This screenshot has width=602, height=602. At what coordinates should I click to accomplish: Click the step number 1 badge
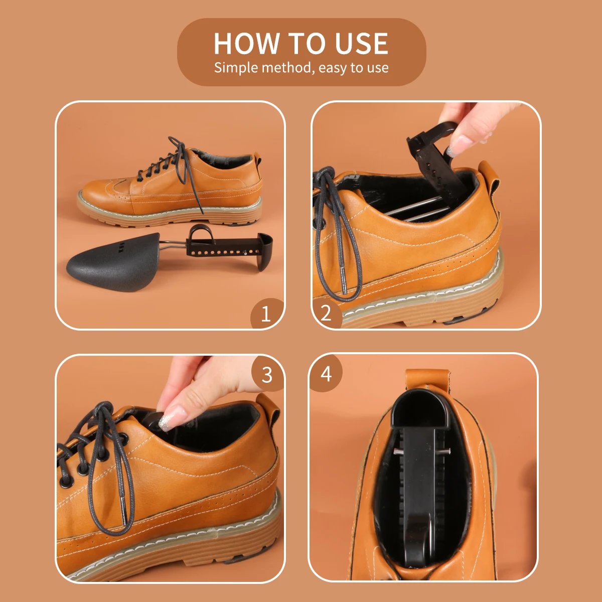coord(266,314)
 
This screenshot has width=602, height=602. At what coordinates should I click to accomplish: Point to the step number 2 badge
coord(326,313)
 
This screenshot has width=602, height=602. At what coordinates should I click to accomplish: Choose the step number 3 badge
coord(267,375)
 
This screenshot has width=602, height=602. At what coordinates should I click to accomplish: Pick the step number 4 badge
coord(326,373)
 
